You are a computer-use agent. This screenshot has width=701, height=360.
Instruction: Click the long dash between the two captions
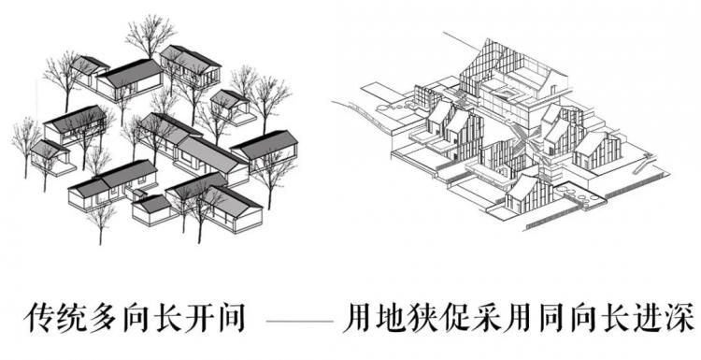(301, 321)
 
